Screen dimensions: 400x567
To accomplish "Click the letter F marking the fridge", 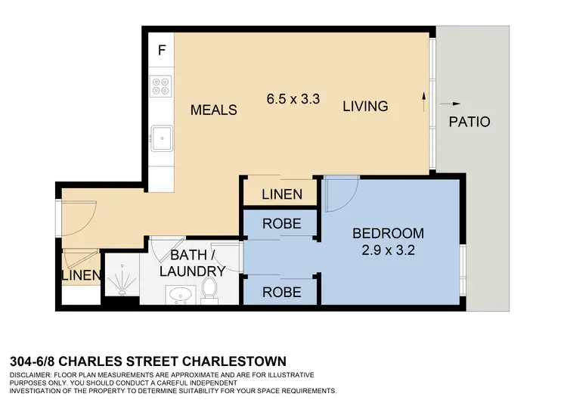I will pos(161,51).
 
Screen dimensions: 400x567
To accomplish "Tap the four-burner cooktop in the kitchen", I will pos(160,88).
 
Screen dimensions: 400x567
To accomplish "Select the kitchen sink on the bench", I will pos(161,138).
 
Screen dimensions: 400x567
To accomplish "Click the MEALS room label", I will pos(213,110).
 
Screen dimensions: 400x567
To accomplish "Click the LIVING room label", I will pos(365,107).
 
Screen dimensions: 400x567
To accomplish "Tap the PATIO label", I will pos(469,122).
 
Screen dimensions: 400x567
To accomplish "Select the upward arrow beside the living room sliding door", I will pos(424,98).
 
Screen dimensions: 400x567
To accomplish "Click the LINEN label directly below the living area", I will pos(282,194).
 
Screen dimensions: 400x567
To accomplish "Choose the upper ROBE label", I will pos(281,224).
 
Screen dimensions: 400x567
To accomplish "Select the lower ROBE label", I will pos(281,292).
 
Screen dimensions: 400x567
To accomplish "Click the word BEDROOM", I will pos(389,233).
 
